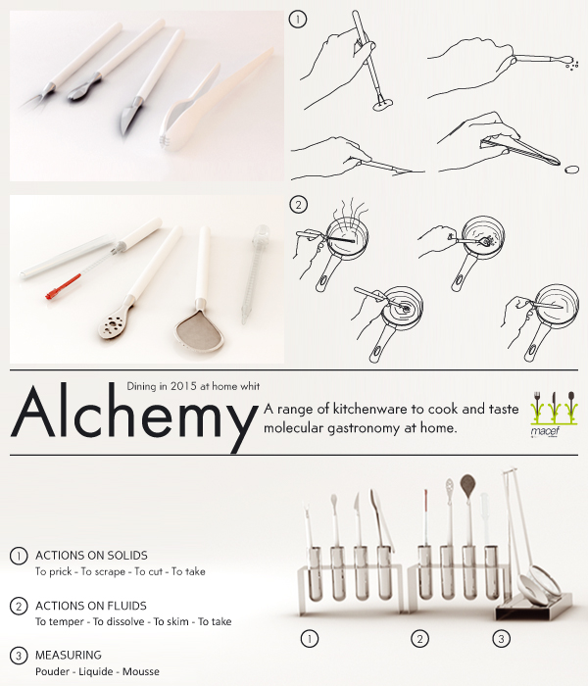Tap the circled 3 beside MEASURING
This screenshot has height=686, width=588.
click(x=19, y=654)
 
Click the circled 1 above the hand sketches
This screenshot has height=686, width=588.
click(x=298, y=19)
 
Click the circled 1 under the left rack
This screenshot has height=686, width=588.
click(x=309, y=639)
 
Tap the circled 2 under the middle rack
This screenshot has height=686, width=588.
click(x=420, y=639)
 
